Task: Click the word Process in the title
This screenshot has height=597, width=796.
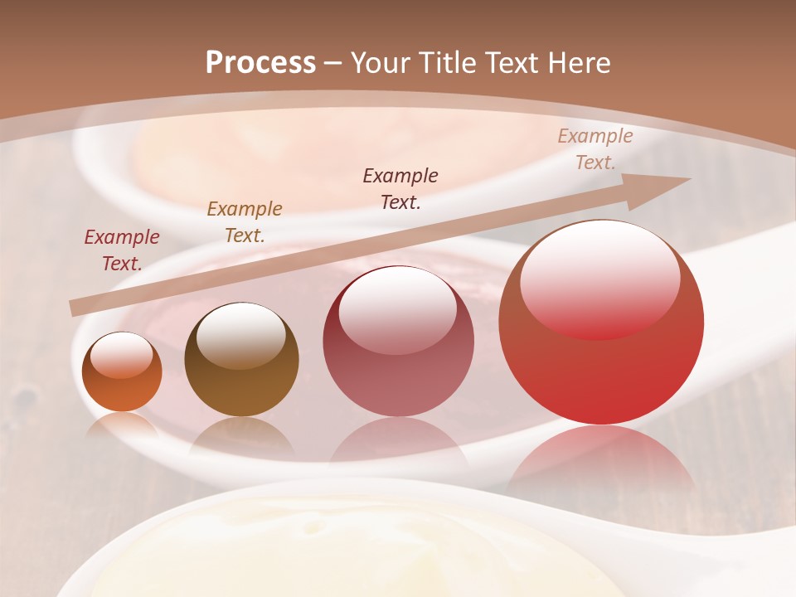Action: click(x=260, y=63)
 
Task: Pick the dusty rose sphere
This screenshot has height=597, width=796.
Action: click(x=398, y=342)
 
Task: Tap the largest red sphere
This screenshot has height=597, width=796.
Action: click(x=601, y=323)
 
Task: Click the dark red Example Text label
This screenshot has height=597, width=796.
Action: click(x=122, y=250)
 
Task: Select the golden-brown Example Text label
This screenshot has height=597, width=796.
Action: click(x=245, y=222)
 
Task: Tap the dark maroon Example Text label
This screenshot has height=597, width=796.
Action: click(x=400, y=189)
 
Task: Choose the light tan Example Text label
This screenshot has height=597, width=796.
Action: click(x=595, y=149)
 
